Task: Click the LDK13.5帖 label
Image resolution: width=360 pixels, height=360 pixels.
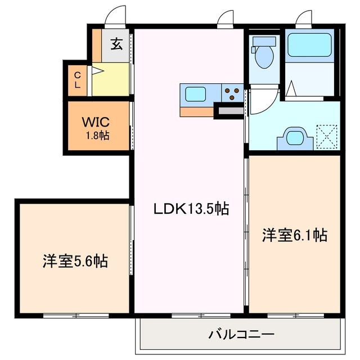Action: point(191,209)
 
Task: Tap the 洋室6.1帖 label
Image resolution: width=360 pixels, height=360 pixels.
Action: point(294,235)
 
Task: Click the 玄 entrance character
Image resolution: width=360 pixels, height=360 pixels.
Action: point(116,44)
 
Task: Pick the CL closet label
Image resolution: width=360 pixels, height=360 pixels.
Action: point(77,80)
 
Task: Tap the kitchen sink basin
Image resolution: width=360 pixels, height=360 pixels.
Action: point(195,94)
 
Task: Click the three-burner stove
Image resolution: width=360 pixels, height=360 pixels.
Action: point(231,92)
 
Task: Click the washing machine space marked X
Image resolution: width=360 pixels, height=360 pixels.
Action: point(326,136)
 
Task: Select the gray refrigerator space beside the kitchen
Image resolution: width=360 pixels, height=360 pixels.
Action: point(228,112)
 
